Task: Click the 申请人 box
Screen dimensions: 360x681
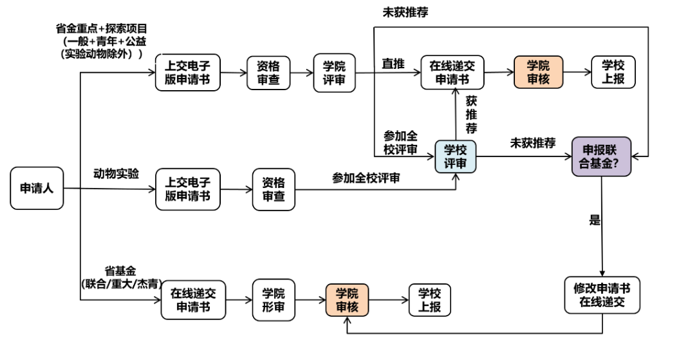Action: tap(37, 188)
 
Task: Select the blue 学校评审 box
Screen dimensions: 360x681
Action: tap(456, 156)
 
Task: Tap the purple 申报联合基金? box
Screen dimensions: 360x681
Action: tap(602, 156)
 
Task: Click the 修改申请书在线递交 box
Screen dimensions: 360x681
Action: tap(602, 295)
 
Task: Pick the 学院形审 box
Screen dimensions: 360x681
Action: tap(273, 299)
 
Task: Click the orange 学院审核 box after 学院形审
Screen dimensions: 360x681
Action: tap(347, 299)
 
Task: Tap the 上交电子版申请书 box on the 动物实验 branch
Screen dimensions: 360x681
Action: tap(187, 189)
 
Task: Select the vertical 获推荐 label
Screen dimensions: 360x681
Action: tap(472, 115)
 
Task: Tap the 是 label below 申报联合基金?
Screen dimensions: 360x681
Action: tap(594, 220)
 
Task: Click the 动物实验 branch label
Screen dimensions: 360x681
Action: tap(117, 175)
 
